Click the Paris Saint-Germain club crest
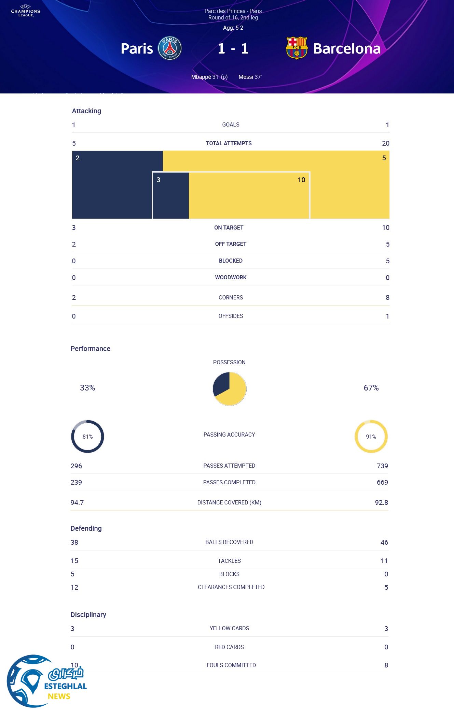pos(170,48)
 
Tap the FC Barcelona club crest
pos(297,48)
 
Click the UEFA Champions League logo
pos(26,11)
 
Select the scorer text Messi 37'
pos(250,77)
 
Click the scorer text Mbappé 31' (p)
pos(209,77)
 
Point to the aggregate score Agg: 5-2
pos(233,28)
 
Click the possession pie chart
pos(230,389)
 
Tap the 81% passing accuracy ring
pos(87,437)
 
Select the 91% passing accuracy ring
pos(371,437)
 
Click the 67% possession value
pos(371,388)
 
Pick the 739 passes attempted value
pos(382,466)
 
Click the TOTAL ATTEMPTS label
pos(229,144)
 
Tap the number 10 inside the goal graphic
pos(301,180)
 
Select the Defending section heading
pos(86,528)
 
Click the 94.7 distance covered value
pos(77,502)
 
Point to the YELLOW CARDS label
pos(229,628)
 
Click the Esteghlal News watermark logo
pos(46,681)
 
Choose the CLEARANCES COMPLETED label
pos(231,587)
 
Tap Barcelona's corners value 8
pos(387,297)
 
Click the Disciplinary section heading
pos(88,615)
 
